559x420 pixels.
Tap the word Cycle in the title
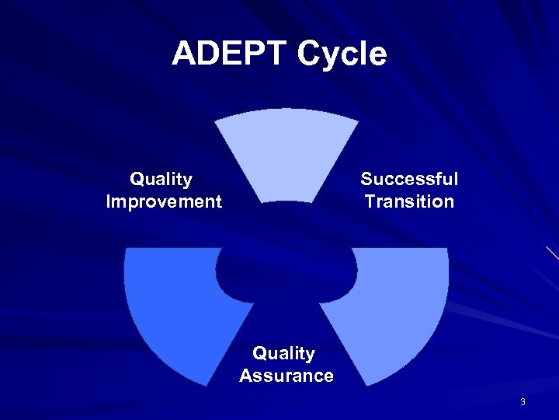coord(342,54)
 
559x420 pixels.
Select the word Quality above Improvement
coord(161,179)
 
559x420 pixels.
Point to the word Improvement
coord(164,202)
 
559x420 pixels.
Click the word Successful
coord(409,179)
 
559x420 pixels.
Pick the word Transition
coord(409,202)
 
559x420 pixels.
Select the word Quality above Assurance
coord(284,354)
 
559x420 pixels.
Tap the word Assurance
coord(286,376)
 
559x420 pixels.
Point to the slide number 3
coord(523,402)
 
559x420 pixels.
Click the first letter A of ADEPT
coord(183,54)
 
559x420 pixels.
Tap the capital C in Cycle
coord(309,54)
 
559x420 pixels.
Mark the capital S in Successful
coord(367,179)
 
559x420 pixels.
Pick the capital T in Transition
coord(370,202)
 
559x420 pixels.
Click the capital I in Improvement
coord(109,202)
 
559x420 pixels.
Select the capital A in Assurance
coord(246,376)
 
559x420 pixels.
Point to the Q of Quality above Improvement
coord(137,179)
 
